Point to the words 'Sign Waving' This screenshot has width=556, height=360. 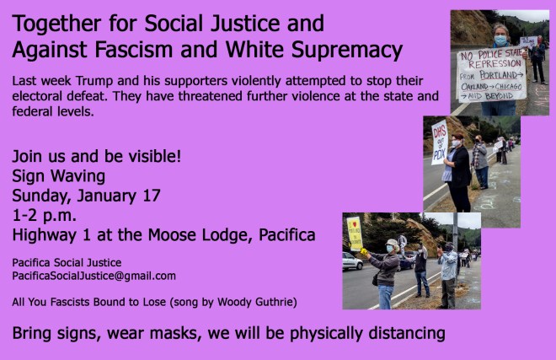tap(58, 177)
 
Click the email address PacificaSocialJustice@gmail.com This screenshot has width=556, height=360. tap(94, 276)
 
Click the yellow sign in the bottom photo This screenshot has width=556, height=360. tap(355, 234)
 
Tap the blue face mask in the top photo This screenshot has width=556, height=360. tap(500, 40)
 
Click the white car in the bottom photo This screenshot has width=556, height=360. tap(351, 261)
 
